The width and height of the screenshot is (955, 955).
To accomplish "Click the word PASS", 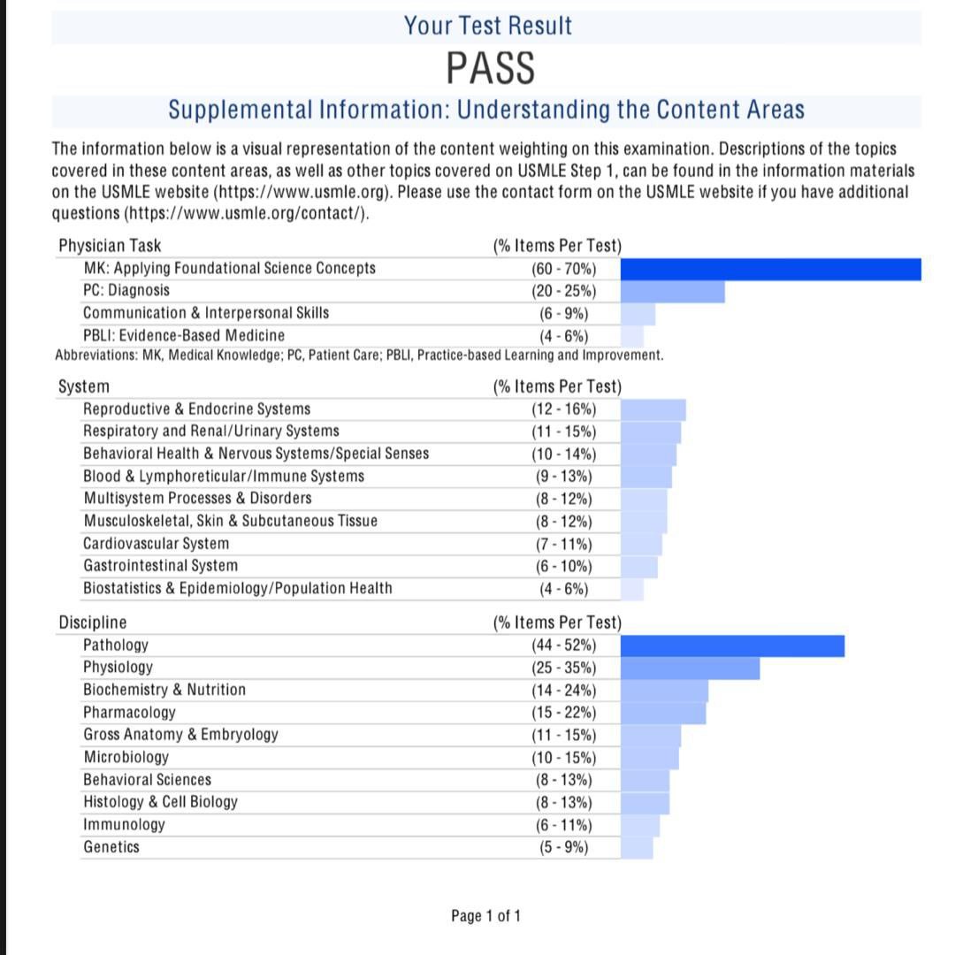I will pos(491,68).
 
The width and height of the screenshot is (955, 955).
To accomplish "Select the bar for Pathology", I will pos(732,646).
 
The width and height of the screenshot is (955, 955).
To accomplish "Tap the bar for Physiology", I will pos(690,668).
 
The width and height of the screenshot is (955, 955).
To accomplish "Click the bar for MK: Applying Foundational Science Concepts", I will pos(770,269).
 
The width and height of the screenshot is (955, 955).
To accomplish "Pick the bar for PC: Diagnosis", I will pos(672,291).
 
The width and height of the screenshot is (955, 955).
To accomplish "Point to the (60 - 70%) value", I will pos(563,269).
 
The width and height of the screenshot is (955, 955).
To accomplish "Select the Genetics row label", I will pos(111,847).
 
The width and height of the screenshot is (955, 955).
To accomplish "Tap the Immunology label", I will pos(124,825).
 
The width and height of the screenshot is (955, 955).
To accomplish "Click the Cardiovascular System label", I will pos(156,544).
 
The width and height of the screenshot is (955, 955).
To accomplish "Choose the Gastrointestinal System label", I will pos(160,566).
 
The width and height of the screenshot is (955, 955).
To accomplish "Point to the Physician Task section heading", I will pos(110,246).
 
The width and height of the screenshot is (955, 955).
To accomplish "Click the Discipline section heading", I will pos(93,623).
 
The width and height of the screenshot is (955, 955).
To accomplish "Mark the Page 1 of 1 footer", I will pos(485,916).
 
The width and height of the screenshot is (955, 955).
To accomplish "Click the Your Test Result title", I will pos(488,26).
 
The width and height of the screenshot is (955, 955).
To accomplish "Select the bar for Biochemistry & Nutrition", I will pos(664,691).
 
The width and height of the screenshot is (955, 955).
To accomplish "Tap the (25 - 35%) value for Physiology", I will pos(563,668).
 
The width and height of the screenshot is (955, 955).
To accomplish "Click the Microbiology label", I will pos(126,758).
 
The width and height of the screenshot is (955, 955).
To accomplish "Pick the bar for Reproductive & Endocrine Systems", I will pos(653,409).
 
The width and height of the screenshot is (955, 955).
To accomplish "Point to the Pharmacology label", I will pos(129,713).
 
